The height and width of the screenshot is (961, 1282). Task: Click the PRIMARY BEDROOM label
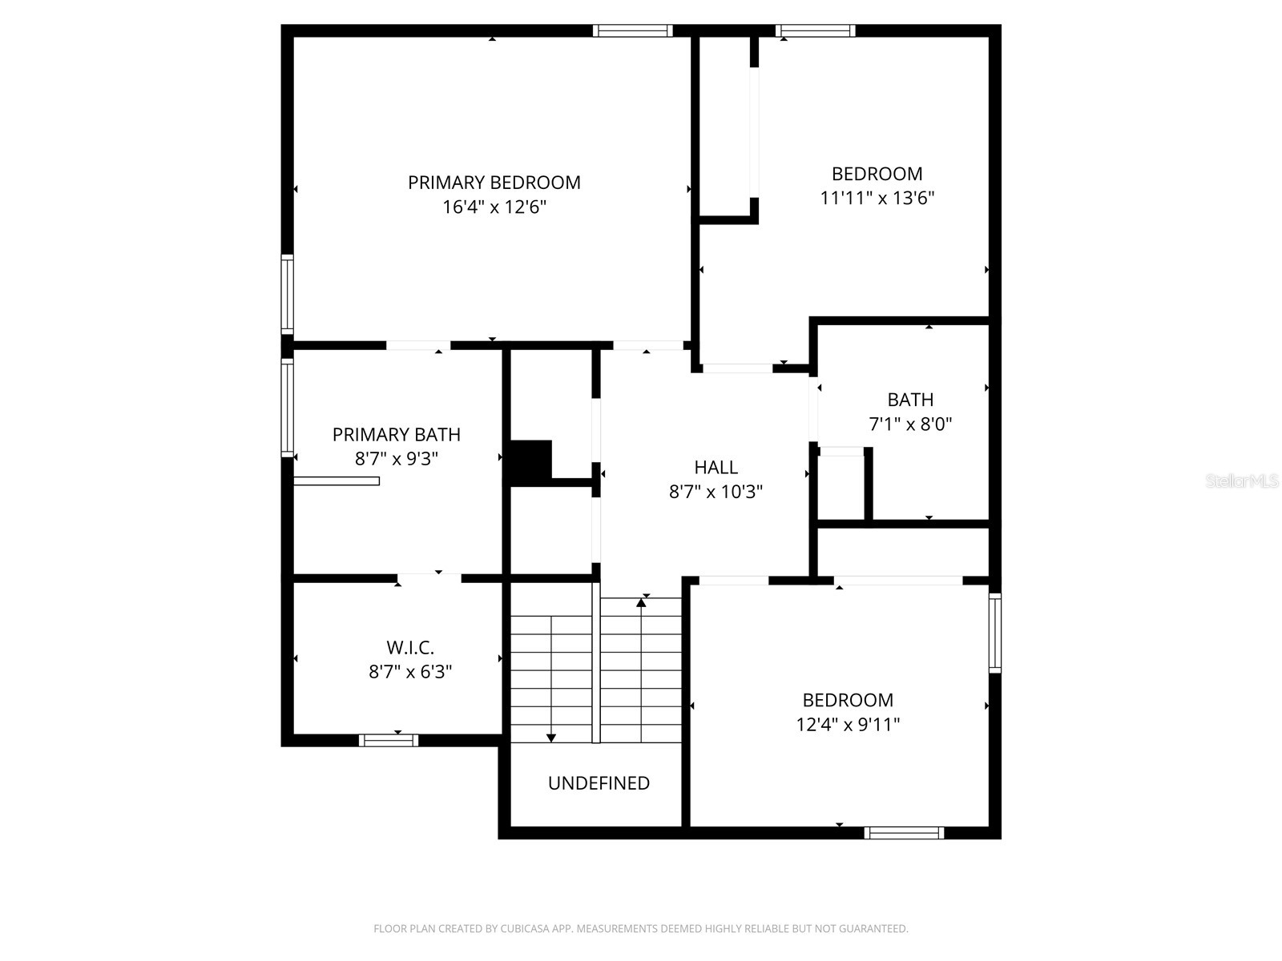coord(494,183)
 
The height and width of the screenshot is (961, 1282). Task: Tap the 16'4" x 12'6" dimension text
coord(494,207)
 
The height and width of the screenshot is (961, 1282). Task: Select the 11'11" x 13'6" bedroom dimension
coord(877,198)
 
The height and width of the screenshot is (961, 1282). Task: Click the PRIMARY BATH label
coord(396,435)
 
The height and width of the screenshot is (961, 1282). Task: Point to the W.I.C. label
coord(409,647)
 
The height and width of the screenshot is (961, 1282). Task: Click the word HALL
coord(716,467)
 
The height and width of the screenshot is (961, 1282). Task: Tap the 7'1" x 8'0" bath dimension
coord(910,424)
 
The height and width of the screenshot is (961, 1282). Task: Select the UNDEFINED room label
coord(599,783)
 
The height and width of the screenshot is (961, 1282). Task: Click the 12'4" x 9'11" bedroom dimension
coord(848,725)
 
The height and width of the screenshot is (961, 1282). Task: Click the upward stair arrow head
coord(641,602)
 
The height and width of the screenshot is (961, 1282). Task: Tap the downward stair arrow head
coord(551,738)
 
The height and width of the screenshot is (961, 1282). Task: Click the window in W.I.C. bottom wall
coord(389,740)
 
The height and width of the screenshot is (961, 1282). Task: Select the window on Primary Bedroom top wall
coord(632,31)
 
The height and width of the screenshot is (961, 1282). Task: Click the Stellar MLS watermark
coord(1242,481)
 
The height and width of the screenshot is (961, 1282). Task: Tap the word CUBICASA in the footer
coord(525,929)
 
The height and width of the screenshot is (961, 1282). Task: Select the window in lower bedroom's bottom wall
coord(904,833)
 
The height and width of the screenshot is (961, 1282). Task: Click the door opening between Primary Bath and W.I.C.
coord(429,577)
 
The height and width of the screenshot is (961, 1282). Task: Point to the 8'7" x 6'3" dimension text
coord(409,672)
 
